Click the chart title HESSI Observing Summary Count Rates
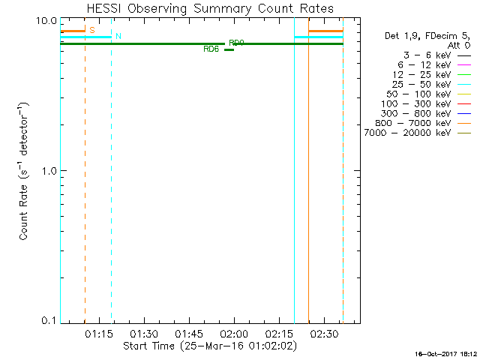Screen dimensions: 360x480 (209, 9)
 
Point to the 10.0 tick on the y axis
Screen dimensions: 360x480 (47, 20)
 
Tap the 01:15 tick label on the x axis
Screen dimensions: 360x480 (98, 333)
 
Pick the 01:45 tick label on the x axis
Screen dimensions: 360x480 (188, 333)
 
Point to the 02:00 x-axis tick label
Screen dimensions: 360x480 (233, 333)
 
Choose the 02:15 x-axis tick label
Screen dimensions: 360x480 (278, 333)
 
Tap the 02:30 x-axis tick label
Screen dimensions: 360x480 (323, 333)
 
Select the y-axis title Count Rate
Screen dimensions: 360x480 (24, 171)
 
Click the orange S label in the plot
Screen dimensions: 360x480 (91, 30)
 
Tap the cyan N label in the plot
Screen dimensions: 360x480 (118, 36)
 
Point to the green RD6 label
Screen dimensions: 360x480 (211, 49)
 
